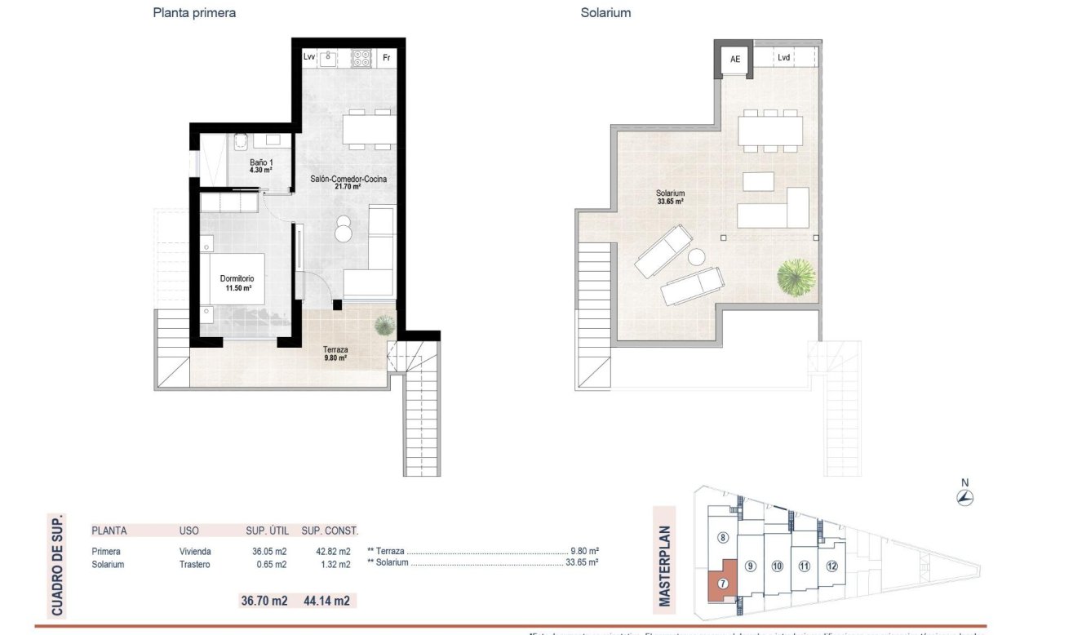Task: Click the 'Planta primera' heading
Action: tap(194, 13)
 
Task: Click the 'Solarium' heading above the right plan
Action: tap(605, 13)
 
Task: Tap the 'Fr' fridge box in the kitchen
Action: tap(387, 58)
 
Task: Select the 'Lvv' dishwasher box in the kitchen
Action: tap(308, 58)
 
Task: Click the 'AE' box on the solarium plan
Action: tap(735, 59)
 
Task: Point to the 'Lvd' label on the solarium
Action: tap(783, 58)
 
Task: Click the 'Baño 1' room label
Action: tap(261, 162)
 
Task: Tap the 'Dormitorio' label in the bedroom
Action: tap(237, 278)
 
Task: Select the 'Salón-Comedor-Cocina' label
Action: tap(348, 179)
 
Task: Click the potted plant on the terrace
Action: tap(383, 326)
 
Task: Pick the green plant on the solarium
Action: tap(795, 278)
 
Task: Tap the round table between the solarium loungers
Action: tap(696, 258)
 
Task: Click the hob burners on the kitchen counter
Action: tap(361, 58)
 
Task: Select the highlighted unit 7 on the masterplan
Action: tap(723, 582)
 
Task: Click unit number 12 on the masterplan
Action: tap(831, 566)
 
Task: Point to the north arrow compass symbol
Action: tap(964, 497)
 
